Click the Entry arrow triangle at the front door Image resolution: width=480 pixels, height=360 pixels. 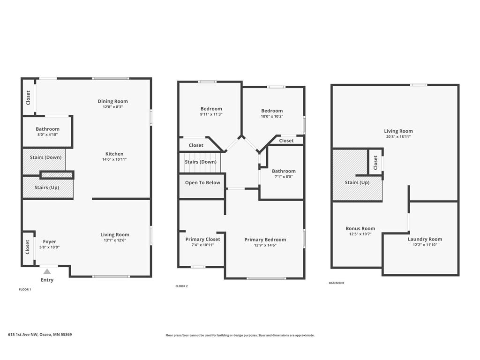[x=47, y=271]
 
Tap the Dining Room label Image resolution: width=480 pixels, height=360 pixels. [x=112, y=101]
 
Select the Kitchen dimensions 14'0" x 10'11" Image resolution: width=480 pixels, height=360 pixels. [x=114, y=159]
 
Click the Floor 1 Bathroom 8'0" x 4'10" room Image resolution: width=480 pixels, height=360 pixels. [x=47, y=132]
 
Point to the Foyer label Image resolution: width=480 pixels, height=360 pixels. [x=50, y=242]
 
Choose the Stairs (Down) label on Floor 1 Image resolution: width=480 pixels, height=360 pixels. [x=45, y=157]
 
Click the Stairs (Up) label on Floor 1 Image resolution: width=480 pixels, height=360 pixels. [x=47, y=188]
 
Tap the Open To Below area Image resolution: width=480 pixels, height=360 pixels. [x=202, y=183]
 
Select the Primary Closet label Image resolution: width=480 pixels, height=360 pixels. [x=202, y=239]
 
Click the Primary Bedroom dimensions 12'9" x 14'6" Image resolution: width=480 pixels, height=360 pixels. [x=265, y=245]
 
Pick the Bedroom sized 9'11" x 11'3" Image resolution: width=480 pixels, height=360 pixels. [x=211, y=111]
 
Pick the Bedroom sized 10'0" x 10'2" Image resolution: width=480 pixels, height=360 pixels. [x=272, y=113]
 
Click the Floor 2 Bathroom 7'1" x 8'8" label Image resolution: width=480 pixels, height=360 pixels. [x=284, y=172]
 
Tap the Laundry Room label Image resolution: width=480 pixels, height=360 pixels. [x=425, y=239]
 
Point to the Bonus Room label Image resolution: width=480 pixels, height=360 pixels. [x=360, y=229]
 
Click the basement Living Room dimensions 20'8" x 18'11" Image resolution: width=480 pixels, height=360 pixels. [x=398, y=137]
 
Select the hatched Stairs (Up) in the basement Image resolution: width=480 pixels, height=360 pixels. [x=357, y=182]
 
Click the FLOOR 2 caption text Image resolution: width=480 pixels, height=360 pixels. [x=181, y=286]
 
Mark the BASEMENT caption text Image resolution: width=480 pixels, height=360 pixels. [x=336, y=283]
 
